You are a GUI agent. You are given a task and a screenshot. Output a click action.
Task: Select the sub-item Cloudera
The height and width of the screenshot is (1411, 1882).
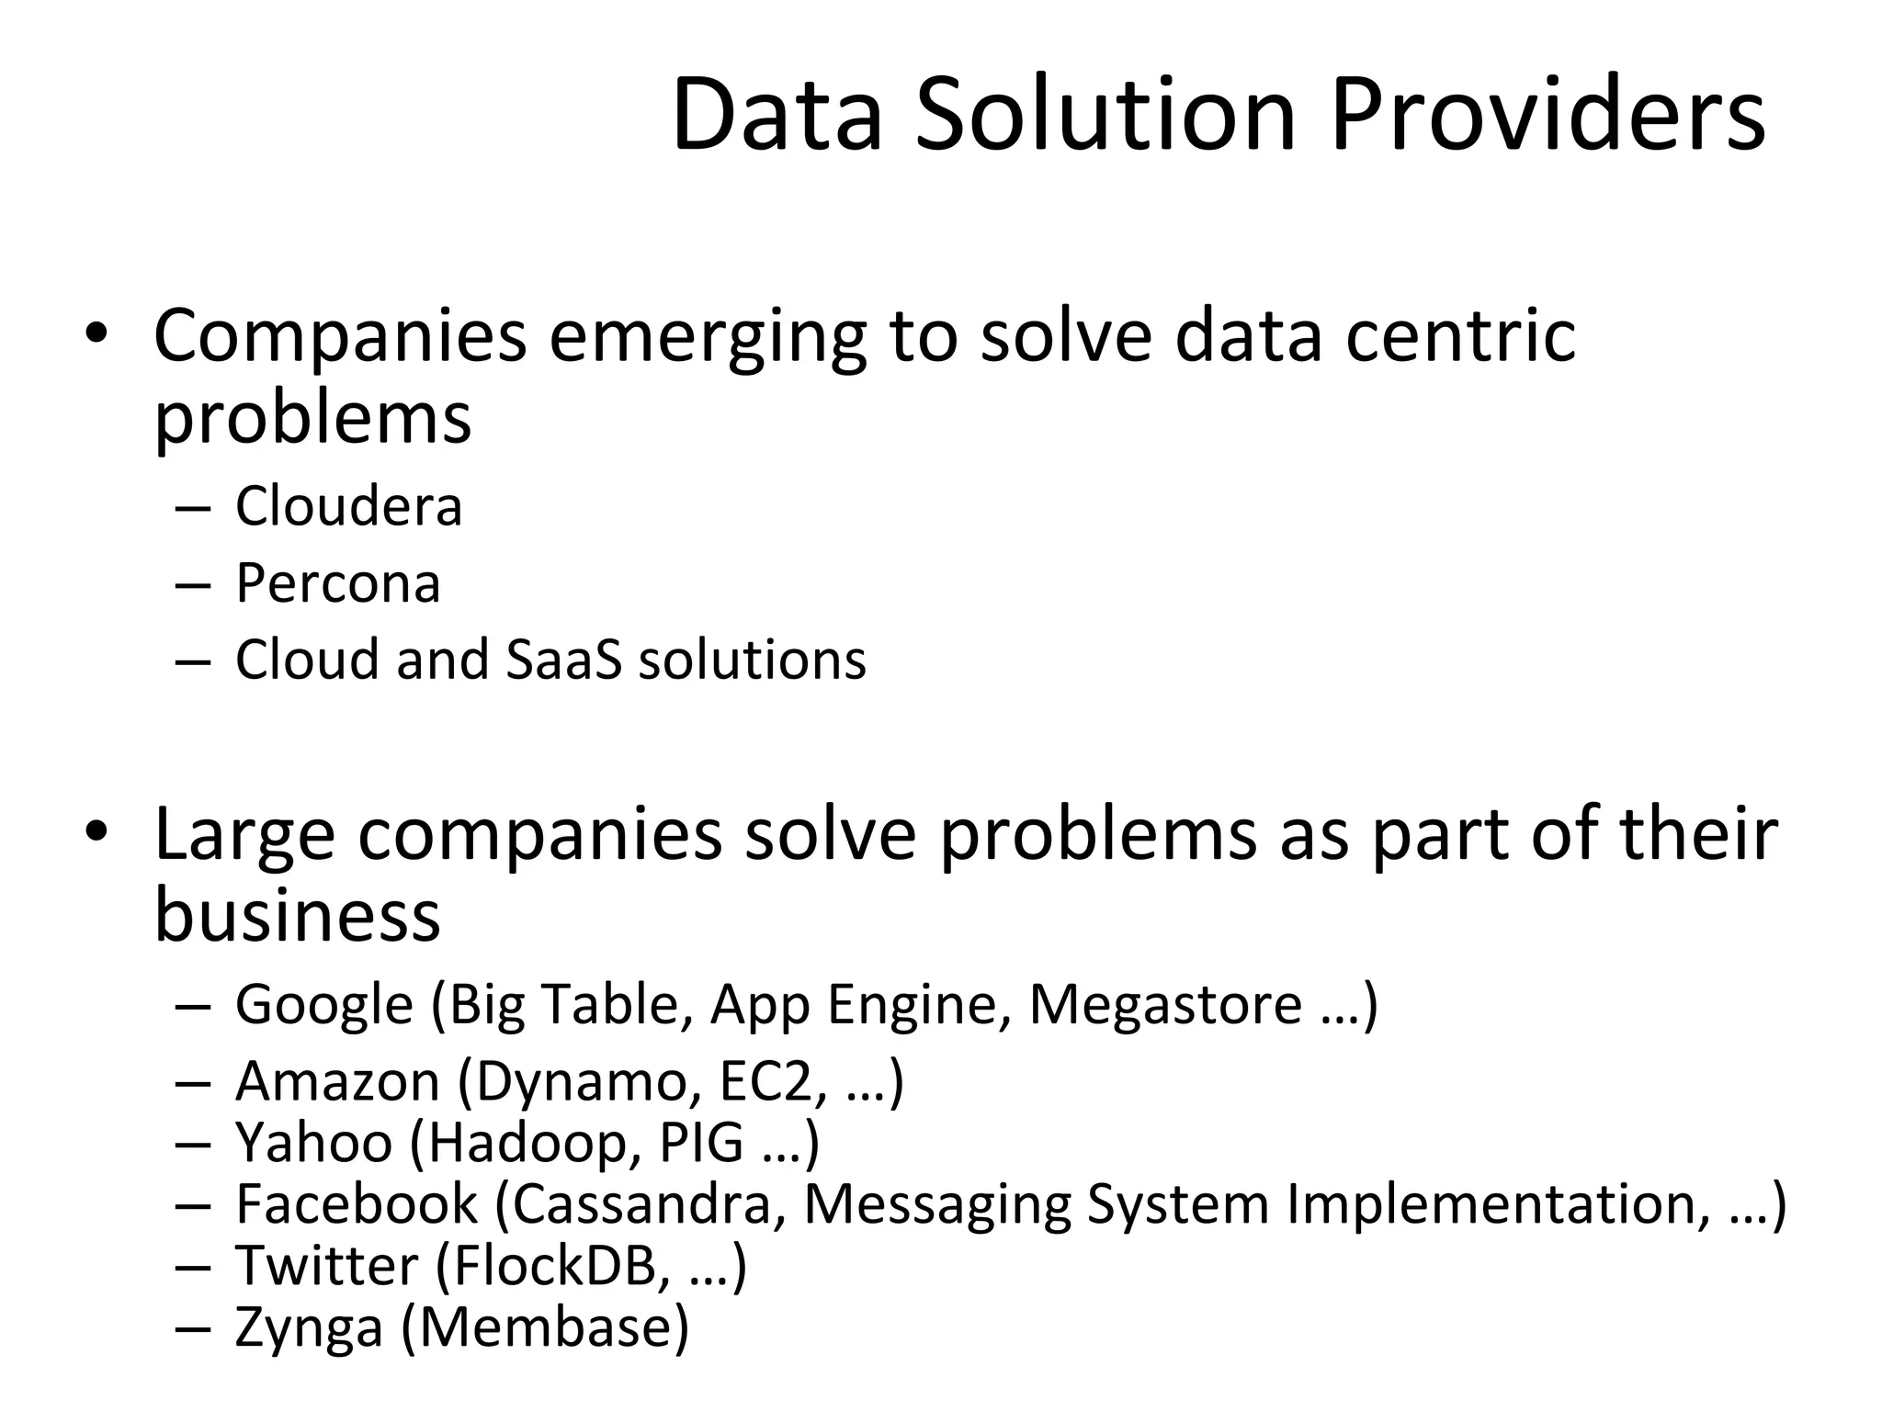click(x=348, y=506)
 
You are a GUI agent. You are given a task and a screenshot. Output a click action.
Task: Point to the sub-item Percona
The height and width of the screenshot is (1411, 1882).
click(x=337, y=583)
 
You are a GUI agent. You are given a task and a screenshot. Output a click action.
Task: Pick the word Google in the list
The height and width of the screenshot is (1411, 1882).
click(x=324, y=1005)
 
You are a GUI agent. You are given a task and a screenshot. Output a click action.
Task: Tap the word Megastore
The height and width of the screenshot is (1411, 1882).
click(x=1165, y=1005)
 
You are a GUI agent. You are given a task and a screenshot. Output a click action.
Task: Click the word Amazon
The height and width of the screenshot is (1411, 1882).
click(x=337, y=1082)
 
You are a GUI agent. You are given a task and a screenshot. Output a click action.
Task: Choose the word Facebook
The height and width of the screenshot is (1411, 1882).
click(x=357, y=1204)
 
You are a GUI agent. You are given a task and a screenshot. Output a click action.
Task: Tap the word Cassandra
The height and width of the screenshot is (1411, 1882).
click(x=641, y=1204)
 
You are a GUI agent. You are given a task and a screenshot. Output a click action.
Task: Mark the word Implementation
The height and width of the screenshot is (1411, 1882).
click(x=1489, y=1204)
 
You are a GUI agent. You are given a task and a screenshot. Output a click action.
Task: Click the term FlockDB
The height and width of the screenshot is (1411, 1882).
click(x=556, y=1266)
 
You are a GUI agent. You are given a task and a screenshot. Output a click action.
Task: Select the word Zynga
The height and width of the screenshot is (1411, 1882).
click(x=309, y=1327)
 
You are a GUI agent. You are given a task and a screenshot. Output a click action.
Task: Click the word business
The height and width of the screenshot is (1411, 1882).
click(x=297, y=915)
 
